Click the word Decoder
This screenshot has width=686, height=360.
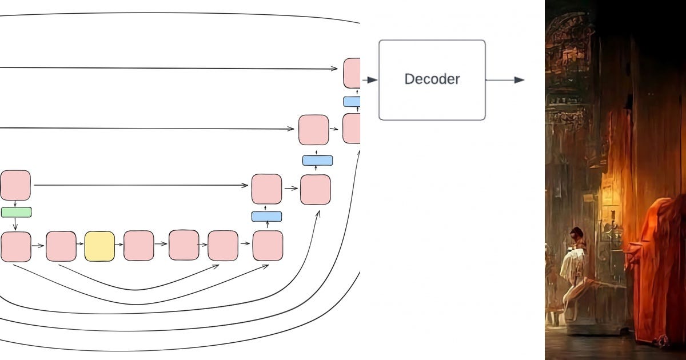(x=432, y=79)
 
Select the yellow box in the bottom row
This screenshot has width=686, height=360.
(x=99, y=246)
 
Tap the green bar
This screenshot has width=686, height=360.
(x=16, y=212)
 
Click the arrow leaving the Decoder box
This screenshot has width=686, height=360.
(x=505, y=80)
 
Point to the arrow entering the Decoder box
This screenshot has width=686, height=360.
(x=370, y=80)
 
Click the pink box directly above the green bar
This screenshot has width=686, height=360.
(x=15, y=185)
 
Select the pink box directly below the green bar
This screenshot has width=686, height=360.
(x=16, y=246)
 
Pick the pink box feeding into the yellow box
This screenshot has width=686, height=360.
(x=61, y=246)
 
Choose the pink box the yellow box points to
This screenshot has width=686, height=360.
(x=139, y=246)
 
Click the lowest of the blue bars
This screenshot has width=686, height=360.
(x=266, y=217)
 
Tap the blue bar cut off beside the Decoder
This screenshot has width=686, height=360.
(x=352, y=102)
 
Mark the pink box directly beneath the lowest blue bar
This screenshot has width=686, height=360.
(x=268, y=246)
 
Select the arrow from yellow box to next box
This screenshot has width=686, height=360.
(x=119, y=245)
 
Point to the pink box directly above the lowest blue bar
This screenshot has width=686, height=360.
(x=266, y=189)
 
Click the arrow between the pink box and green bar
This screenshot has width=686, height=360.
(x=15, y=203)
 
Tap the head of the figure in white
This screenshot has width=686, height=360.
(x=576, y=234)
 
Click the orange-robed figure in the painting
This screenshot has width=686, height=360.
(x=657, y=269)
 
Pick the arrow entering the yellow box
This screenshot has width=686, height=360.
(x=80, y=246)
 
